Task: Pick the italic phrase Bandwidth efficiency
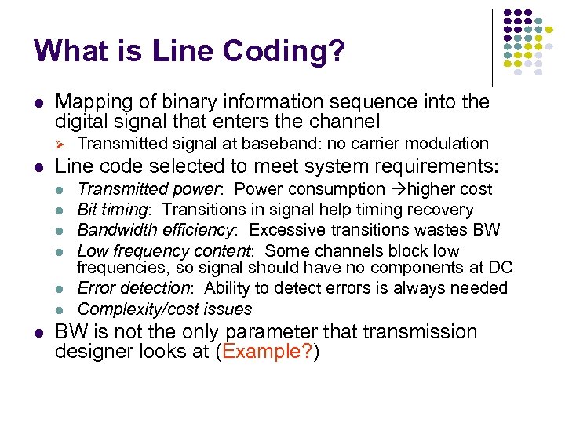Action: pyautogui.click(x=159, y=230)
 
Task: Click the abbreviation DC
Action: pyautogui.click(x=500, y=269)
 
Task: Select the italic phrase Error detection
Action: pyautogui.click(x=137, y=289)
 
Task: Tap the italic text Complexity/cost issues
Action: pyautogui.click(x=165, y=309)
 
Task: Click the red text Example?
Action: pyautogui.click(x=267, y=352)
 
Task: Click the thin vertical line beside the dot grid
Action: pyautogui.click(x=492, y=47)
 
